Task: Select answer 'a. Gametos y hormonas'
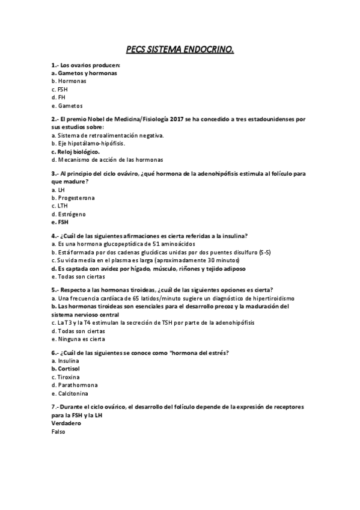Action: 84,73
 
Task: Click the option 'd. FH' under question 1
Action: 58,97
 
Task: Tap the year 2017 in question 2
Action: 177,120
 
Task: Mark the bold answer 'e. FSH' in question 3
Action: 60,222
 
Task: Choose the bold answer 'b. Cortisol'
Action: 66,368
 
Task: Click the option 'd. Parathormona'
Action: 75,384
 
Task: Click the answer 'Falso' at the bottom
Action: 59,431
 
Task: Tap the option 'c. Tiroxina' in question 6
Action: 66,376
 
